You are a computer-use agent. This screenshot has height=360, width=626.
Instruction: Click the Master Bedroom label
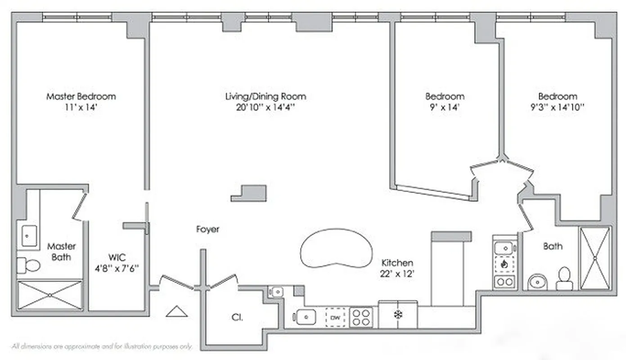pyautogui.click(x=81, y=96)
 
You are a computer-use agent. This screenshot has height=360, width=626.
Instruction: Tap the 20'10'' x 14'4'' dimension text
pyautogui.click(x=266, y=108)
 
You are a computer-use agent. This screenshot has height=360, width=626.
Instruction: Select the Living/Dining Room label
pyautogui.click(x=266, y=96)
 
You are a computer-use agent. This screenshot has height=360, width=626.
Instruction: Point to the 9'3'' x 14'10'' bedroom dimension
pyautogui.click(x=558, y=108)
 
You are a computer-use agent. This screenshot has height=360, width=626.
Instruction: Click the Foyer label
pyautogui.click(x=208, y=229)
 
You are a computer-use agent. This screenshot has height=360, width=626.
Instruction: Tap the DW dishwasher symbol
pyautogui.click(x=335, y=318)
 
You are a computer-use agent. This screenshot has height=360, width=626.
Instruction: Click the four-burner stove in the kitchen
pyautogui.click(x=361, y=317)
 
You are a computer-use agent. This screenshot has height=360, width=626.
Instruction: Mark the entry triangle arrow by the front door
pyautogui.click(x=176, y=311)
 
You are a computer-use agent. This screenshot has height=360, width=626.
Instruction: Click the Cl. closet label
pyautogui.click(x=237, y=318)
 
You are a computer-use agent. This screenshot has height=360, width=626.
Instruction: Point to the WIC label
pyautogui.click(x=117, y=258)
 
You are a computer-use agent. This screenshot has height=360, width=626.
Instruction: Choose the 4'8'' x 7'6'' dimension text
pyautogui.click(x=117, y=269)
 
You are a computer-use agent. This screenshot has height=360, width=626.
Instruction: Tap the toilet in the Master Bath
pyautogui.click(x=28, y=265)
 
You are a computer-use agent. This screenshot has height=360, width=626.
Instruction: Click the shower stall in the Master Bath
pyautogui.click(x=50, y=295)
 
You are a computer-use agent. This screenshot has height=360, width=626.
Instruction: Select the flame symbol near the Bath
pyautogui.click(x=504, y=264)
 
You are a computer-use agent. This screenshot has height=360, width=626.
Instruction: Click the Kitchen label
pyautogui.click(x=397, y=263)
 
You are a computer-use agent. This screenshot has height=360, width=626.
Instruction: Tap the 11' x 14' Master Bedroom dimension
pyautogui.click(x=81, y=108)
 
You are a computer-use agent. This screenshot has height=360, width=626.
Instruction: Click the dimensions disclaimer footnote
pyautogui.click(x=103, y=346)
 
